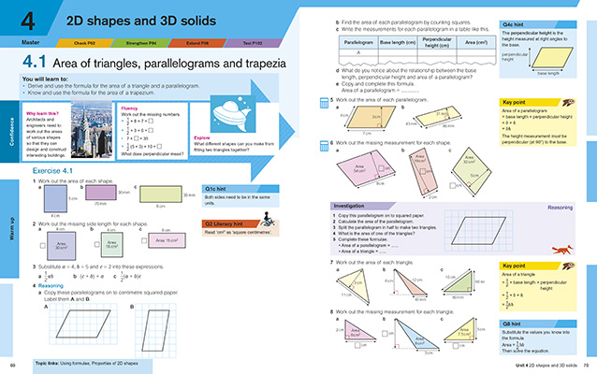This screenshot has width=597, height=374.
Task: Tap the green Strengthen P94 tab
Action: (x=139, y=42)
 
